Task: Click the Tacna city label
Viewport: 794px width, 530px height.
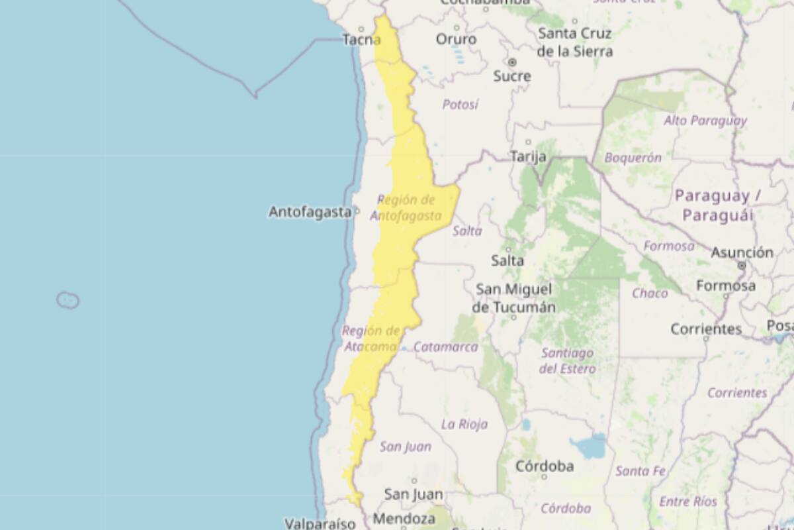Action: click(x=361, y=40)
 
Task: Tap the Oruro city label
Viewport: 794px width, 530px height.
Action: click(x=456, y=40)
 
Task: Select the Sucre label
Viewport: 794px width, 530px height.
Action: click(x=512, y=76)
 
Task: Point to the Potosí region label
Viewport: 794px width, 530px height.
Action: click(x=460, y=105)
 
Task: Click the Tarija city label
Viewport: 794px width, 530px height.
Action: click(x=528, y=156)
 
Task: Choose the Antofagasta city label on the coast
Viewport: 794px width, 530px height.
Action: click(x=310, y=212)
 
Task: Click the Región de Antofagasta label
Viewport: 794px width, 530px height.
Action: click(x=406, y=208)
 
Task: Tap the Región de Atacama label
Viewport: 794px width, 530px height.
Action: click(x=371, y=339)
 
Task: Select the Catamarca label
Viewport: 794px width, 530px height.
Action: click(x=445, y=347)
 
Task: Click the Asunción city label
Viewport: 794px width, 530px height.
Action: click(x=742, y=252)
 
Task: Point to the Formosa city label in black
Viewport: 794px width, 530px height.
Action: click(x=725, y=286)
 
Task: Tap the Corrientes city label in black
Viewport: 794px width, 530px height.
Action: click(x=706, y=329)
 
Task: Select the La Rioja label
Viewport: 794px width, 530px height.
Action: click(x=464, y=424)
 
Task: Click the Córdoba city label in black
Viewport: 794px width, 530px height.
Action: click(x=545, y=466)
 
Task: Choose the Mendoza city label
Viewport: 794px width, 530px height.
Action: click(x=404, y=519)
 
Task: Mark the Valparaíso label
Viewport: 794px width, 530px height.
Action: click(x=320, y=523)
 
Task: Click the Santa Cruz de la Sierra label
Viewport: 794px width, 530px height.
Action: click(x=574, y=42)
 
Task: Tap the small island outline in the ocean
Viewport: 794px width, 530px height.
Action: click(x=67, y=300)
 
